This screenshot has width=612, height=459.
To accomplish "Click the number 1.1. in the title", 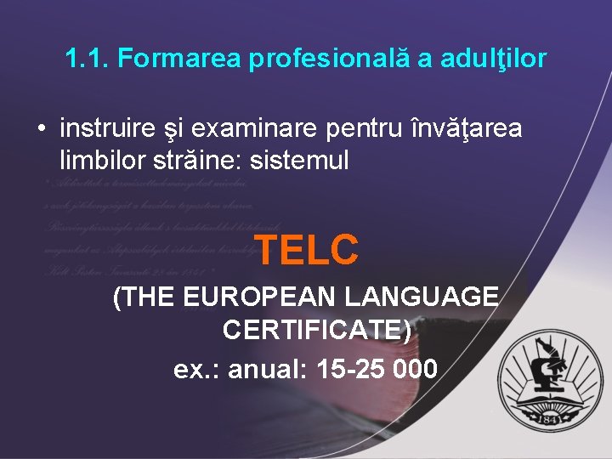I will click(88, 59).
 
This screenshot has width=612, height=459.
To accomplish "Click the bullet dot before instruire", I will click(40, 130).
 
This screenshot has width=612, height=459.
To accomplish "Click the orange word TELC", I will click(306, 249).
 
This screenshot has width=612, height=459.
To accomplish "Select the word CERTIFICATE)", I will click(317, 328).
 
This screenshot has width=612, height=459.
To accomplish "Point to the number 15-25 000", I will click(377, 369).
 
